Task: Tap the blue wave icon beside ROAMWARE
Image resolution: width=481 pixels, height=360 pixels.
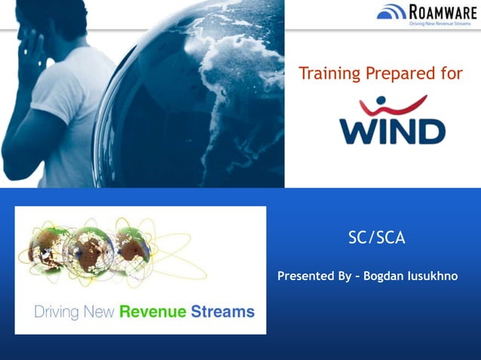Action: coord(391,13)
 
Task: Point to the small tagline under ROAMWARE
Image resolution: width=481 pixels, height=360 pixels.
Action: coord(441,23)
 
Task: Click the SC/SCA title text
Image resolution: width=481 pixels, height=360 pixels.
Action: coord(377,238)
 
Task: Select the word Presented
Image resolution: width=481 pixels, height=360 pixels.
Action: coord(306,276)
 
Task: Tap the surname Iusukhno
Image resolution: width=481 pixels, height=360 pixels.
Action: coord(434,276)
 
